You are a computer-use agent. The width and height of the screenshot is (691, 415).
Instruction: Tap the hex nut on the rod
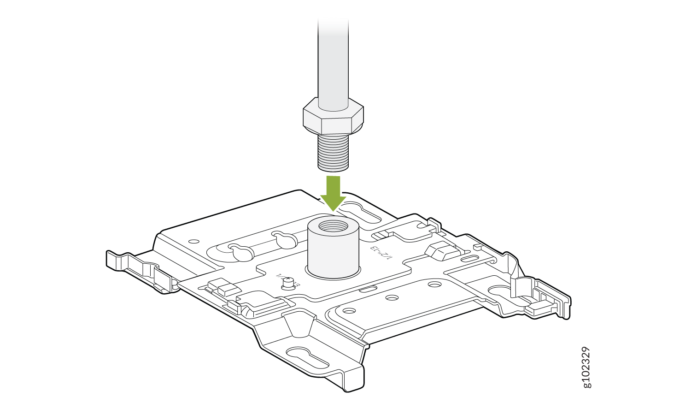(x=333, y=119)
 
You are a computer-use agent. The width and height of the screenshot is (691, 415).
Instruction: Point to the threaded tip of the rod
(x=333, y=152)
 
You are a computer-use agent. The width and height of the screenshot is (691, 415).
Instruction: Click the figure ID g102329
(x=586, y=367)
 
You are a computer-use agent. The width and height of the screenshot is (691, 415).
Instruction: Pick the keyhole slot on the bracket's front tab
(x=308, y=355)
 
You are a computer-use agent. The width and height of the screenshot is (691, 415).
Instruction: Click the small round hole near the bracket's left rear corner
(x=194, y=241)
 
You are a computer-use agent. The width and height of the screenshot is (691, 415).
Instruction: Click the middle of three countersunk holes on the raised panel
(x=392, y=298)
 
